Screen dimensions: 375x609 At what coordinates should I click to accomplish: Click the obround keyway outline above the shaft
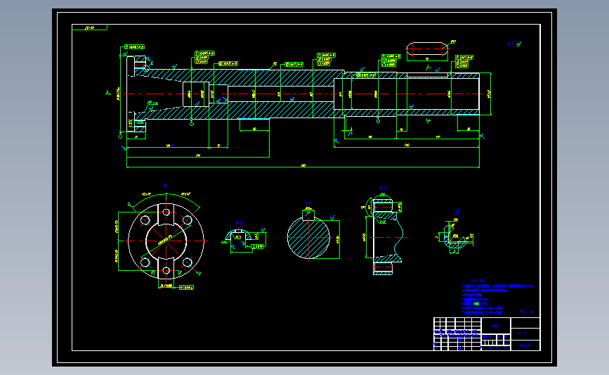[427, 49]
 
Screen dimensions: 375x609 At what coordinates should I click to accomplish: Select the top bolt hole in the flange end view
[166, 210]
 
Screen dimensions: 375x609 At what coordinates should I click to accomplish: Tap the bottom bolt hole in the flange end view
[166, 269]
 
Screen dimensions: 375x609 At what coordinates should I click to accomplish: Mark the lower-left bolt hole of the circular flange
[145, 262]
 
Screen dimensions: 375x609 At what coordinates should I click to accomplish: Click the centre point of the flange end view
[166, 240]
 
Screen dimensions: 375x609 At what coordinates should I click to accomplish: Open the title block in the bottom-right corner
[485, 334]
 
